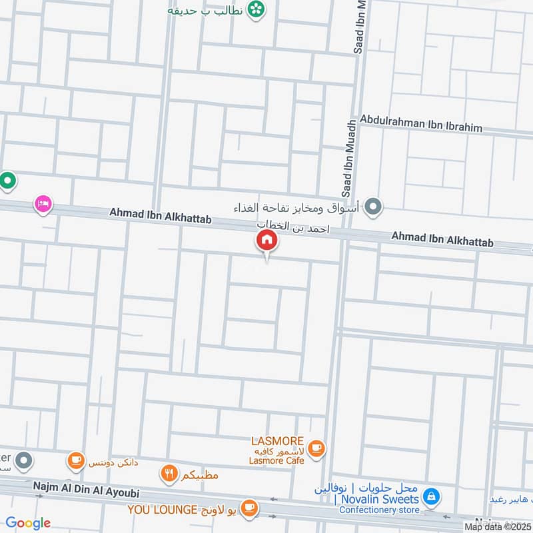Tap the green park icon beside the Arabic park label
(255, 9)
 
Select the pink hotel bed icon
(43, 204)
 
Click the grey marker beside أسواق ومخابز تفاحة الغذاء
(374, 207)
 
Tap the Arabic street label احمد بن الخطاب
(294, 227)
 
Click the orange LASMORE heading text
(278, 441)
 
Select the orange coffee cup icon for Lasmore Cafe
(316, 449)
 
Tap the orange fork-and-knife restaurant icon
(169, 474)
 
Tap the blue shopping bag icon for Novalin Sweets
(431, 497)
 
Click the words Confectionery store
(380, 510)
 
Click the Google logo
(28, 523)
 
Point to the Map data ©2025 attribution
(497, 526)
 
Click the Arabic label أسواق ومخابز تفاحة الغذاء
(296, 209)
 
